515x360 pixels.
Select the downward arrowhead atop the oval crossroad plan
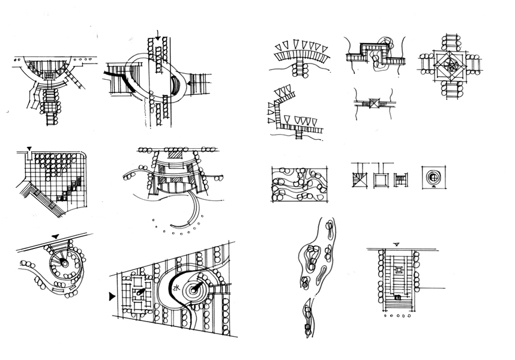click(x=157, y=39)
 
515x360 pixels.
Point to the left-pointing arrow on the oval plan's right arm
click(x=189, y=85)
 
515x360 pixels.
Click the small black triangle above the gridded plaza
click(x=29, y=148)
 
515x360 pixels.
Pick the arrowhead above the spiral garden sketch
click(x=56, y=236)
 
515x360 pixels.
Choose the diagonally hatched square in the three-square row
click(x=359, y=179)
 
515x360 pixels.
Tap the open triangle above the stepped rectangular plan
click(x=397, y=244)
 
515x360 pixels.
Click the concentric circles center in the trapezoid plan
click(x=196, y=290)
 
